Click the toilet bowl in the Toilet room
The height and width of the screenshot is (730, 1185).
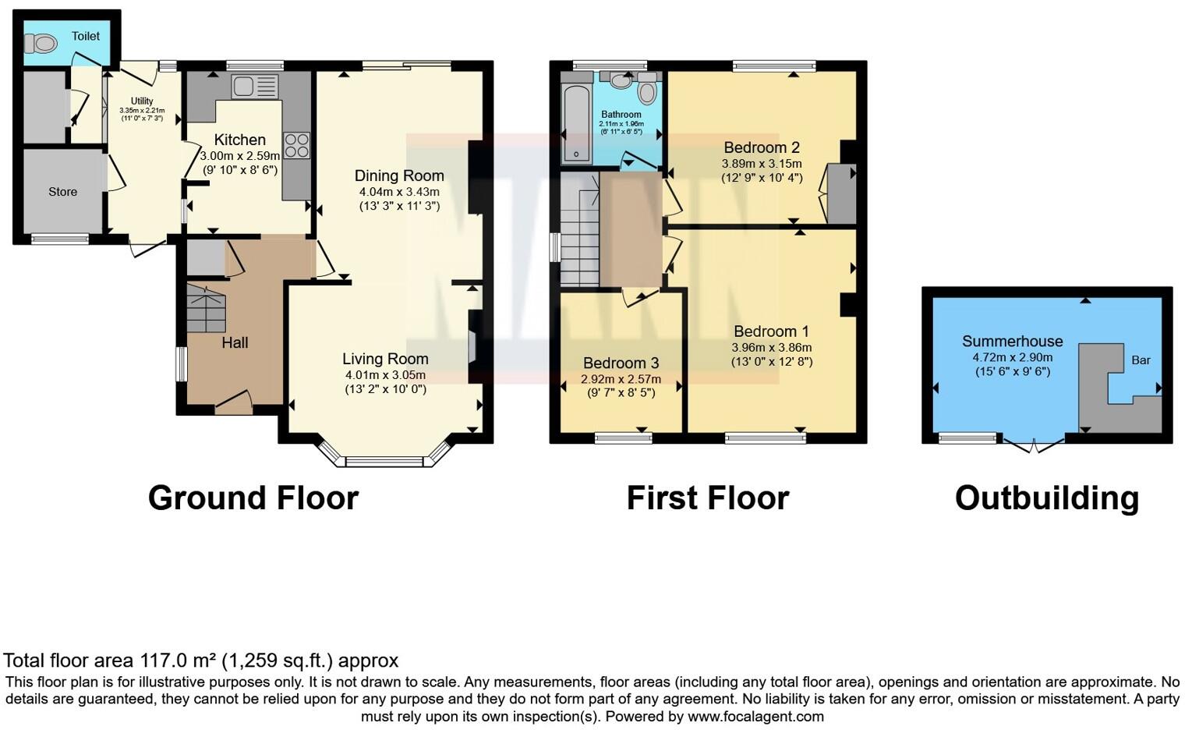coord(45,44)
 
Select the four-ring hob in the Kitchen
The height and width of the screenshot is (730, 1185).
coord(296,146)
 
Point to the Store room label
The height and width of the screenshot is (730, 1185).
coord(63,192)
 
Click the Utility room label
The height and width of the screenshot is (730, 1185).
coord(142,101)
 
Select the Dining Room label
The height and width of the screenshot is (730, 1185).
coord(399,176)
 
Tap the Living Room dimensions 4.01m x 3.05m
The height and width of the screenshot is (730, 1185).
coord(385,375)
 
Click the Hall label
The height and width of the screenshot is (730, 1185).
coord(235,342)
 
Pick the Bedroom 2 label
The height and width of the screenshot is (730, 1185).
coord(761,147)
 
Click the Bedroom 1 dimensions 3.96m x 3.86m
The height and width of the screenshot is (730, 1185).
coord(771,348)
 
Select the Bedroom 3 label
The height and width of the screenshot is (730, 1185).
coord(621,363)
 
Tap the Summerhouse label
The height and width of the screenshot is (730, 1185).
coord(1012,342)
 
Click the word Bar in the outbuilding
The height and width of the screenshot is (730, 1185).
coord(1141,360)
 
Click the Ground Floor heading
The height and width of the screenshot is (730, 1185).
coord(253,498)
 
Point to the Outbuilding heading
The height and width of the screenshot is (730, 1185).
coord(1046,498)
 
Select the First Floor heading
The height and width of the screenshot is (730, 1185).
coord(708,498)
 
